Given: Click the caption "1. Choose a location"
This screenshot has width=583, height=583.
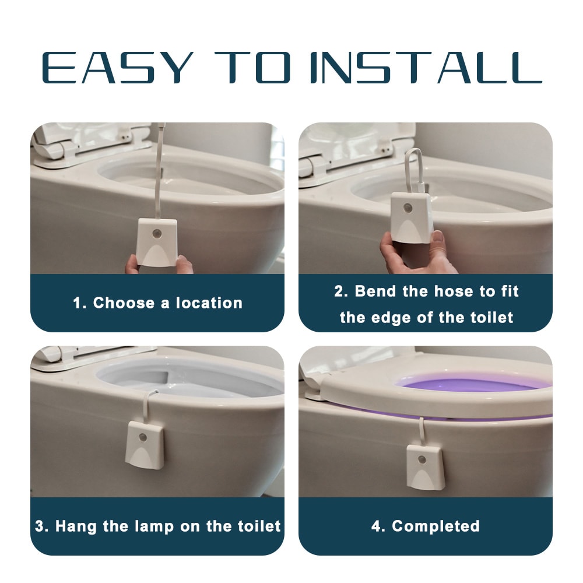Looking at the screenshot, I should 157,303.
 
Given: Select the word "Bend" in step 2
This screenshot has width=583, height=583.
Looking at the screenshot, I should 377,291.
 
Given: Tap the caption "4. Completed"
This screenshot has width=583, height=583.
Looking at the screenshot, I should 426,526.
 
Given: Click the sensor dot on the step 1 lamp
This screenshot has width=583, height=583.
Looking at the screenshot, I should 156,234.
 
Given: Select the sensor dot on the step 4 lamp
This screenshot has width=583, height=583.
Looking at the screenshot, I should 422,459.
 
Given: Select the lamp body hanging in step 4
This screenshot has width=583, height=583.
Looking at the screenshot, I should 425,467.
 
